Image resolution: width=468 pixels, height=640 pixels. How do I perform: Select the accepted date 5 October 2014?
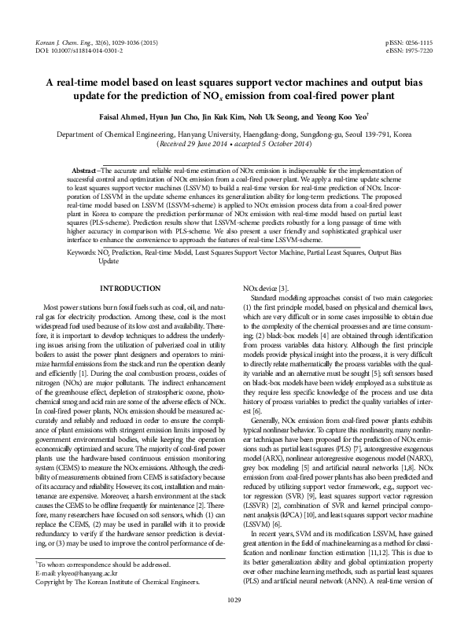tap(277, 145)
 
